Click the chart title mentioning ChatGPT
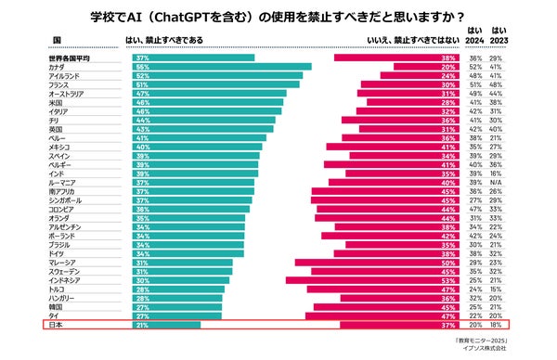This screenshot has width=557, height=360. [x=278, y=16]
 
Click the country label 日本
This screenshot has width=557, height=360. [x=57, y=325]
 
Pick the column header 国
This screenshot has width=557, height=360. [x=58, y=41]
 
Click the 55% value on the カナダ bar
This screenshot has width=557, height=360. [x=144, y=67]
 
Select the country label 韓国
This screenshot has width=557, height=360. [x=57, y=307]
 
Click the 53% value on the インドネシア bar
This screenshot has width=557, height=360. [x=448, y=280]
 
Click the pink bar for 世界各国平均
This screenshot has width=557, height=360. [x=400, y=58]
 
